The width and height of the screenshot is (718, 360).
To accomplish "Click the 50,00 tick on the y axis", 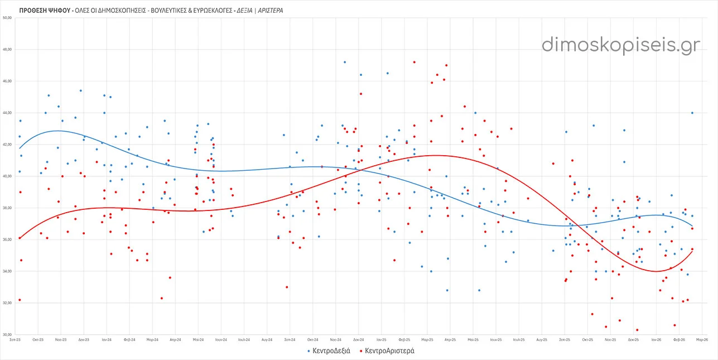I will click(x=8, y=18).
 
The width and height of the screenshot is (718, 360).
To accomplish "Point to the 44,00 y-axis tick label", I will click(x=8, y=113).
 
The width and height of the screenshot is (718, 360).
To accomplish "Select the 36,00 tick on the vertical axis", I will click(x=8, y=239).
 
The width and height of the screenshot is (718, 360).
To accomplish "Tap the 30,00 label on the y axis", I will click(x=8, y=334).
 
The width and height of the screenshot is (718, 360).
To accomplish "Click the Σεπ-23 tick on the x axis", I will click(x=16, y=339).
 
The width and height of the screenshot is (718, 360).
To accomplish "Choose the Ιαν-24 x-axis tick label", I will click(x=106, y=339).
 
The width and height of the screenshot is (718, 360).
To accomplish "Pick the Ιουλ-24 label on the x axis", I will click(x=244, y=339).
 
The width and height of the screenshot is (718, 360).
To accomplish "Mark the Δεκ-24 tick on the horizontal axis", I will click(x=358, y=339).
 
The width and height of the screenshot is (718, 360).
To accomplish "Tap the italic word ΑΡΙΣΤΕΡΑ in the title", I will click(x=269, y=10).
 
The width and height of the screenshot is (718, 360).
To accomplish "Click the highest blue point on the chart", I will click(x=345, y=62).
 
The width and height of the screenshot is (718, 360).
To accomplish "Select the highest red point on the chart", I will click(x=414, y=62).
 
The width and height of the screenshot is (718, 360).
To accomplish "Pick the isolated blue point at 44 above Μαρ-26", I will click(x=692, y=113).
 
